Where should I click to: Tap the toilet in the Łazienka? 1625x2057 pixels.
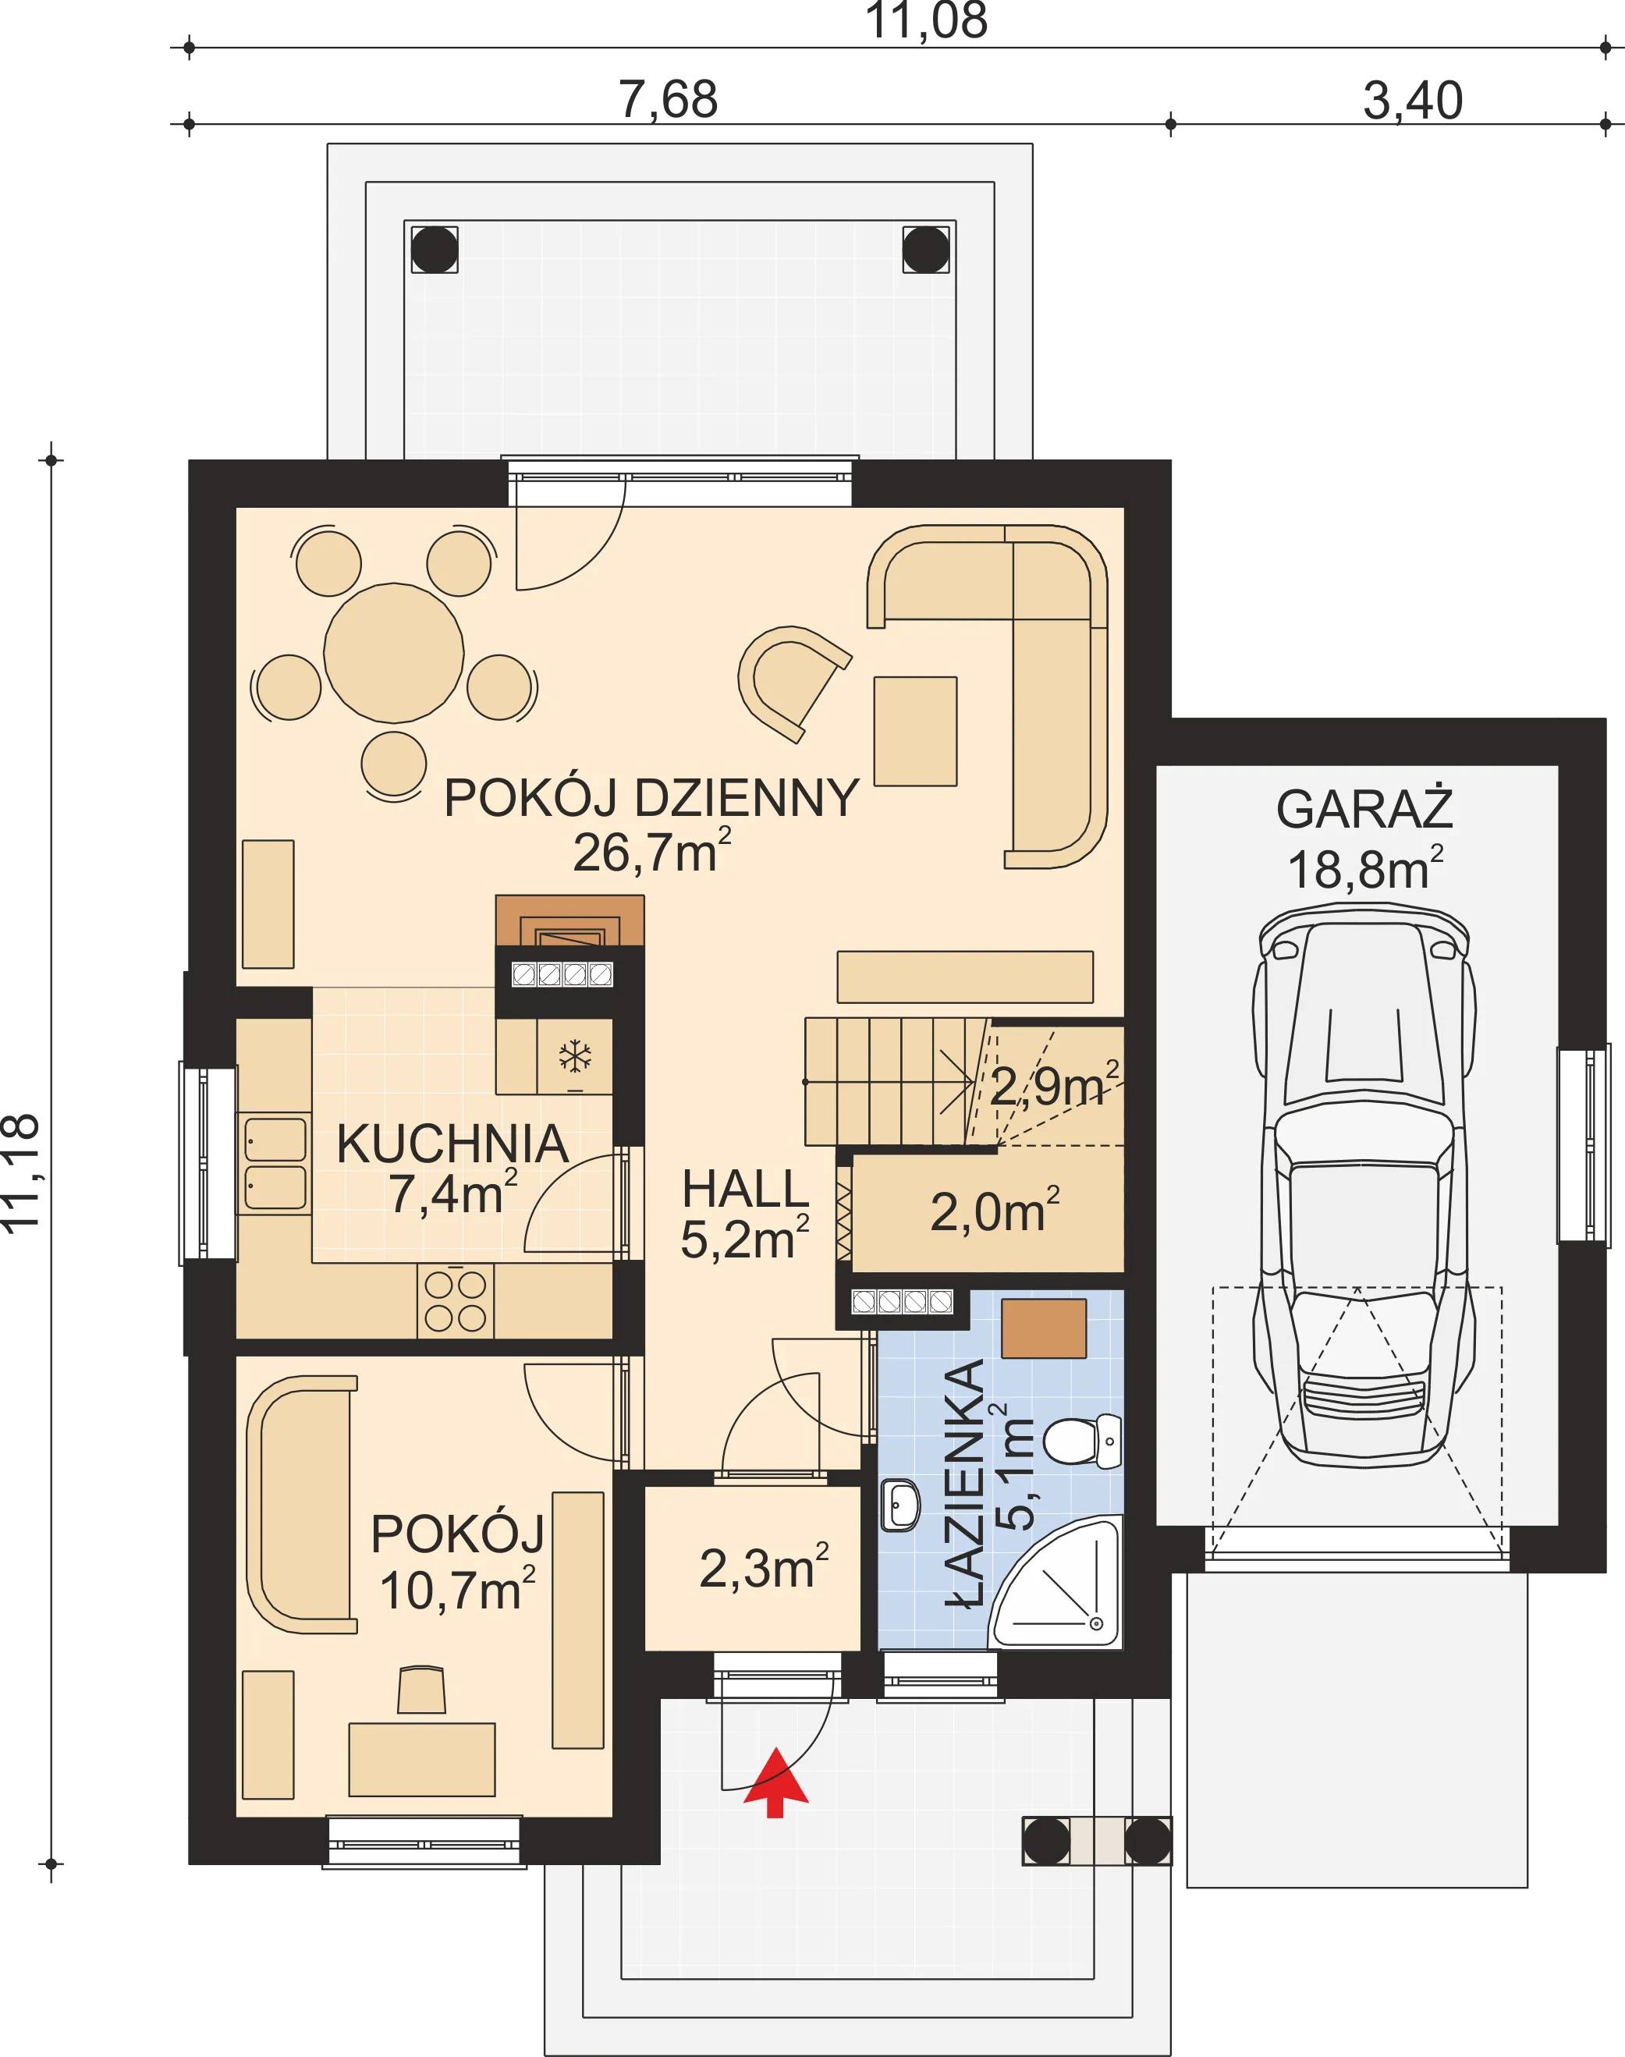point(1083,1441)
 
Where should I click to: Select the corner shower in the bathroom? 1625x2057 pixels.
point(1057,1582)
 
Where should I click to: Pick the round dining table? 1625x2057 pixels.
point(394,653)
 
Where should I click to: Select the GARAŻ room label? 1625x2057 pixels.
point(1364,810)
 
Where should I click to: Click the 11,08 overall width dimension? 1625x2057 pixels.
point(926,21)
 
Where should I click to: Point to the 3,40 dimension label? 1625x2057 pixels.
point(1413,100)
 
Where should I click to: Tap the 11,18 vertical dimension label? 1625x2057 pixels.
point(21,1173)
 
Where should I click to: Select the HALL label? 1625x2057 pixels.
point(745,1190)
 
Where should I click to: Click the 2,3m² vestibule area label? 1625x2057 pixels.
point(764,1567)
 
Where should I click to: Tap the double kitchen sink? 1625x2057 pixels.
point(275,1164)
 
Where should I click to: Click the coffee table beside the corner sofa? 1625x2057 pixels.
point(915,731)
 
